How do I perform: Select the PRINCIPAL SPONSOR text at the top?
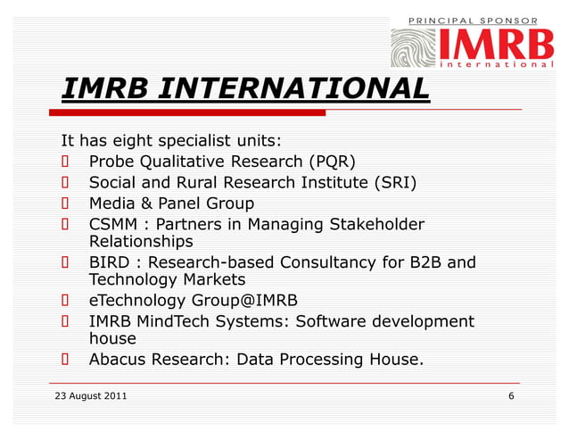coord(473,20)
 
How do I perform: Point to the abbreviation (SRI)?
coord(395,184)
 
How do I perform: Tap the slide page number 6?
coord(510,395)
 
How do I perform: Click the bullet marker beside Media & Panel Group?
coord(65,204)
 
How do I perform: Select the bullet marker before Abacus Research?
coord(65,361)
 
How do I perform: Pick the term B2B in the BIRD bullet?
coord(424,263)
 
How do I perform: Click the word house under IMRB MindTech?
coord(112,339)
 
